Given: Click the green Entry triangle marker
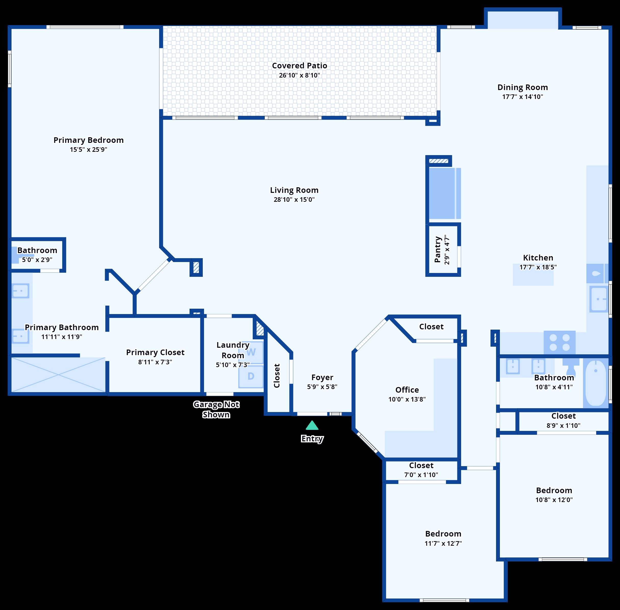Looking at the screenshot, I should [x=312, y=426].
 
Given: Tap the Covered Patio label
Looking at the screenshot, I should [x=299, y=66].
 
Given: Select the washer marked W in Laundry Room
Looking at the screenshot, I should [x=251, y=352].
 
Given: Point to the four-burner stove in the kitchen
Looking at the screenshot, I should [x=560, y=342].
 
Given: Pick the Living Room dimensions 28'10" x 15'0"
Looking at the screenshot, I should [x=294, y=200].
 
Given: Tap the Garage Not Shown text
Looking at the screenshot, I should [x=216, y=409].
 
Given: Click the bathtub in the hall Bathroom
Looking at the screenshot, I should [x=596, y=383].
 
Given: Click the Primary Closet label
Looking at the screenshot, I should [x=155, y=352].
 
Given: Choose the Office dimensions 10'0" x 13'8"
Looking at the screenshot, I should [x=407, y=399].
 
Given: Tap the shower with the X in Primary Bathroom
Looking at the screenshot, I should [x=58, y=374].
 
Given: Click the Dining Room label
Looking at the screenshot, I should [x=522, y=88].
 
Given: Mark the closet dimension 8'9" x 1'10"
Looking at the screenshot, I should [x=563, y=426].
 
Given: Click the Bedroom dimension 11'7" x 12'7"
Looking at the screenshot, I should [x=443, y=543].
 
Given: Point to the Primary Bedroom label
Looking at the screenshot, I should [x=88, y=140].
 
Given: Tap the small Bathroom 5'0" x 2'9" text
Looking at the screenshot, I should [x=37, y=259].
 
